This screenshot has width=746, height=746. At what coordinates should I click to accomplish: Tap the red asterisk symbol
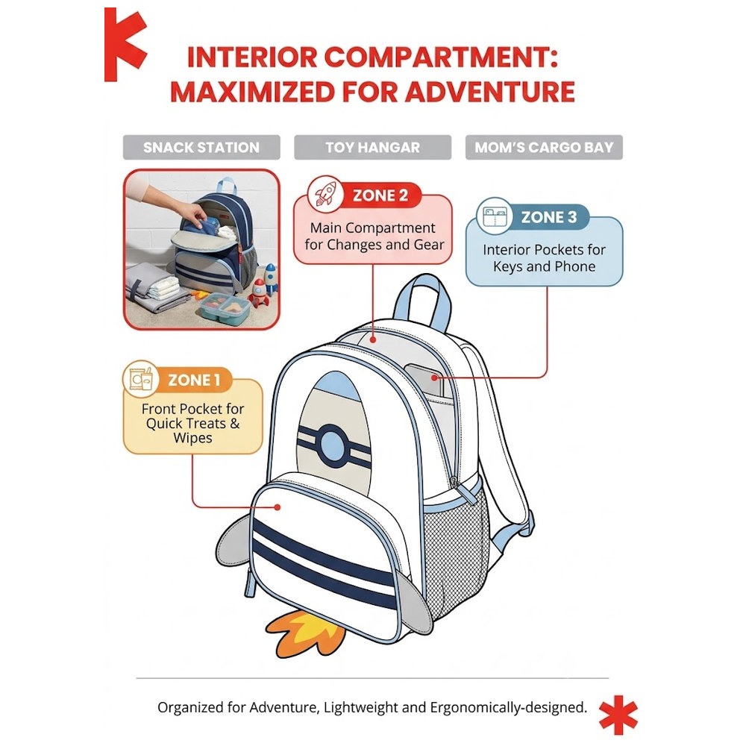click(x=618, y=715)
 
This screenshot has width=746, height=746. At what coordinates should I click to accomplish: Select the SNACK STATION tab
click(x=201, y=148)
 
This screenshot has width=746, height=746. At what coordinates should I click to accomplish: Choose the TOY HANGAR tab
click(x=372, y=148)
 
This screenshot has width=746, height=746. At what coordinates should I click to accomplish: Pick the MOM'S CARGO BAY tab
click(x=544, y=148)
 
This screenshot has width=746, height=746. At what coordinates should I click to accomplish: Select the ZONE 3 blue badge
click(x=549, y=217)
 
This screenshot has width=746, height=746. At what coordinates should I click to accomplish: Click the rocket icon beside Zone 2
click(x=325, y=195)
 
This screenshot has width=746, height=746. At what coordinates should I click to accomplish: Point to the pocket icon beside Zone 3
click(x=495, y=216)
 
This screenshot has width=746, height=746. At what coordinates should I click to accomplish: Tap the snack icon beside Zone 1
click(x=140, y=379)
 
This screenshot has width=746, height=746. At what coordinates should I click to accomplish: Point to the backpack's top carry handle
click(x=421, y=300)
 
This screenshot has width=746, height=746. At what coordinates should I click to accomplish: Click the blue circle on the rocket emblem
click(x=332, y=443)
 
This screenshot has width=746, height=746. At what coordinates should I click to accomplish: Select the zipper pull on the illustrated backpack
click(x=462, y=490)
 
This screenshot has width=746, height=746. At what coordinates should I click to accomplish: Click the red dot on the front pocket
click(x=278, y=507)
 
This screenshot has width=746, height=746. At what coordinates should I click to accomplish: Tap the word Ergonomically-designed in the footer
click(x=508, y=708)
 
